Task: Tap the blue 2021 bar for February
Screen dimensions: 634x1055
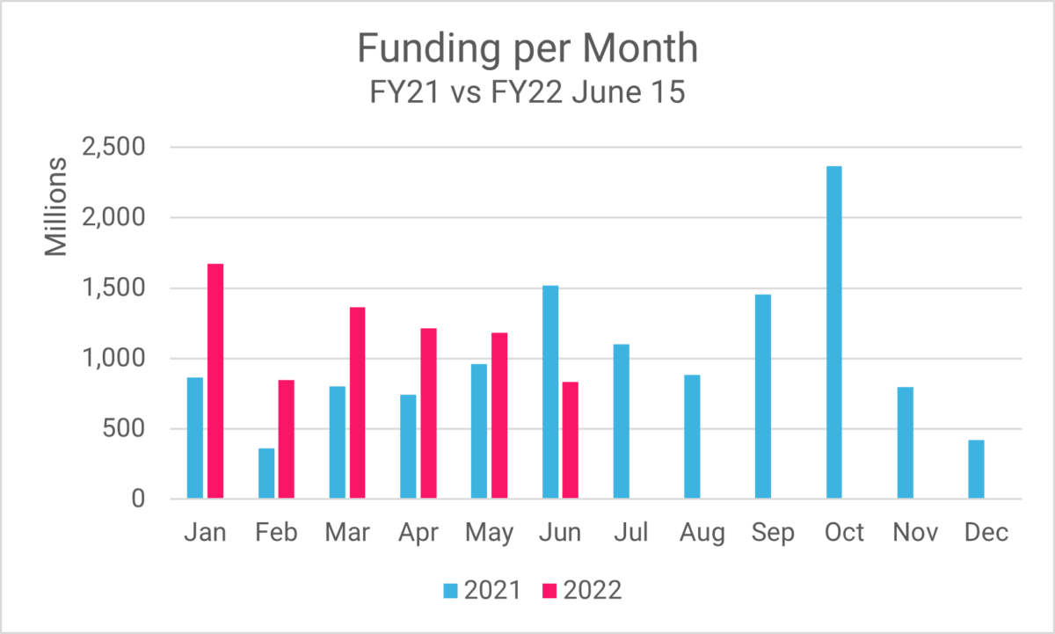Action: tap(266, 474)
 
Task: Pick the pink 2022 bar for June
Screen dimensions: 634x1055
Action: tap(571, 441)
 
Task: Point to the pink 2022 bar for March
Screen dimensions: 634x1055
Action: tap(357, 404)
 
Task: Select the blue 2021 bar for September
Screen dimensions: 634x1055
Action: tap(762, 397)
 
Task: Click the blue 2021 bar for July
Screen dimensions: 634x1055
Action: tap(621, 422)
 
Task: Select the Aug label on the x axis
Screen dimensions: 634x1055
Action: tap(702, 533)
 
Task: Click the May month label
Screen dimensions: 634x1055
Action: tap(490, 533)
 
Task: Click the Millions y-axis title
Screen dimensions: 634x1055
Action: tap(56, 208)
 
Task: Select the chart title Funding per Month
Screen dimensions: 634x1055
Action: tap(527, 49)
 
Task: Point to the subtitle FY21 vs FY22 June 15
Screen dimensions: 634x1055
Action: tap(527, 91)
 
